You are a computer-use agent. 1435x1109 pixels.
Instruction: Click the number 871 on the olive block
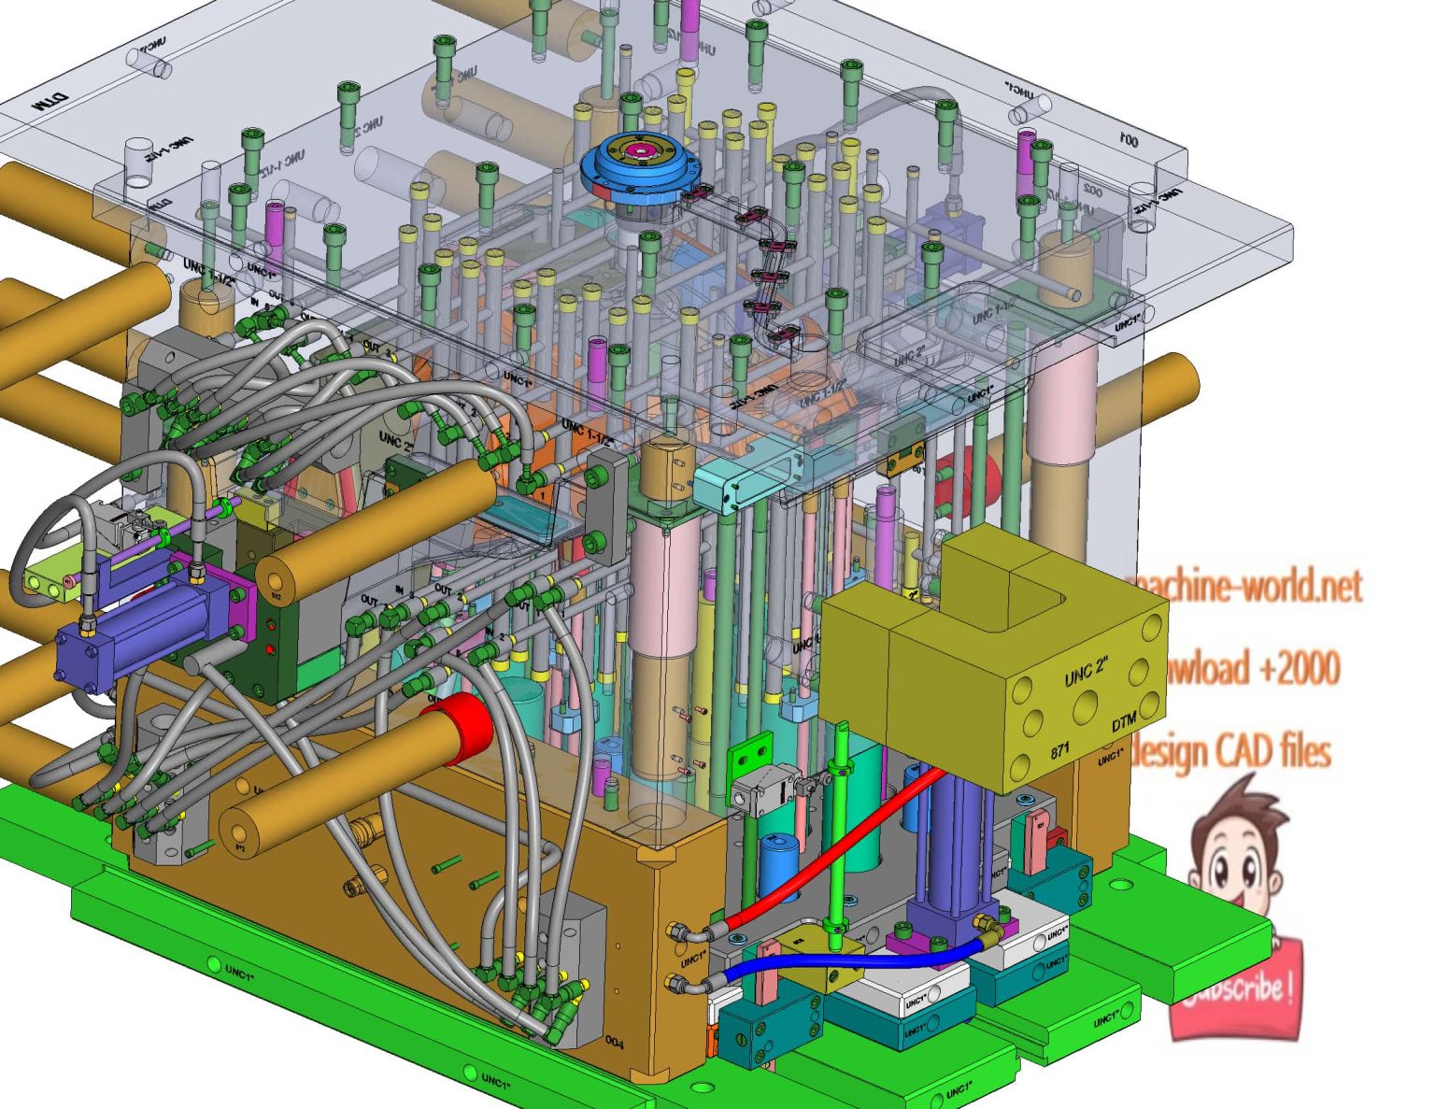pos(1059,750)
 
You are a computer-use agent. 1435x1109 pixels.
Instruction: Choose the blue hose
pos(841,963)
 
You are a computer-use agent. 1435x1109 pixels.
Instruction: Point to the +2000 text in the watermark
pos(1299,669)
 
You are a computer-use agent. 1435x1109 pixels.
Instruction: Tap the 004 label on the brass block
pos(614,1042)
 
